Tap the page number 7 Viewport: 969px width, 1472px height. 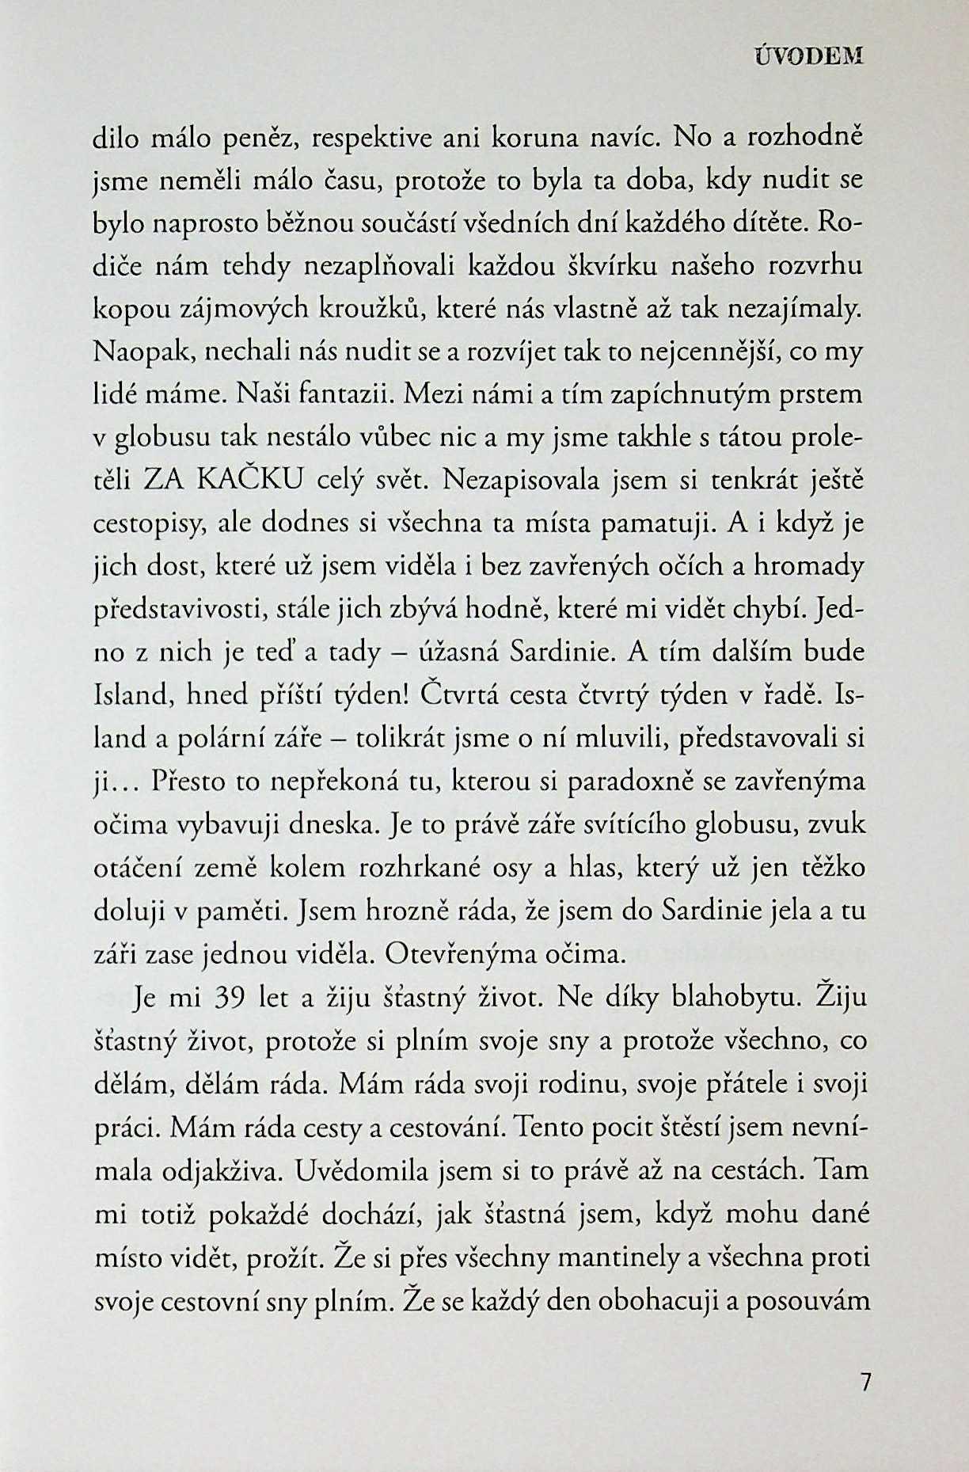tap(864, 1405)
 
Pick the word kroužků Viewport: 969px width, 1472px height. tap(373, 308)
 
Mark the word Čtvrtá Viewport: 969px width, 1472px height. tap(457, 696)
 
